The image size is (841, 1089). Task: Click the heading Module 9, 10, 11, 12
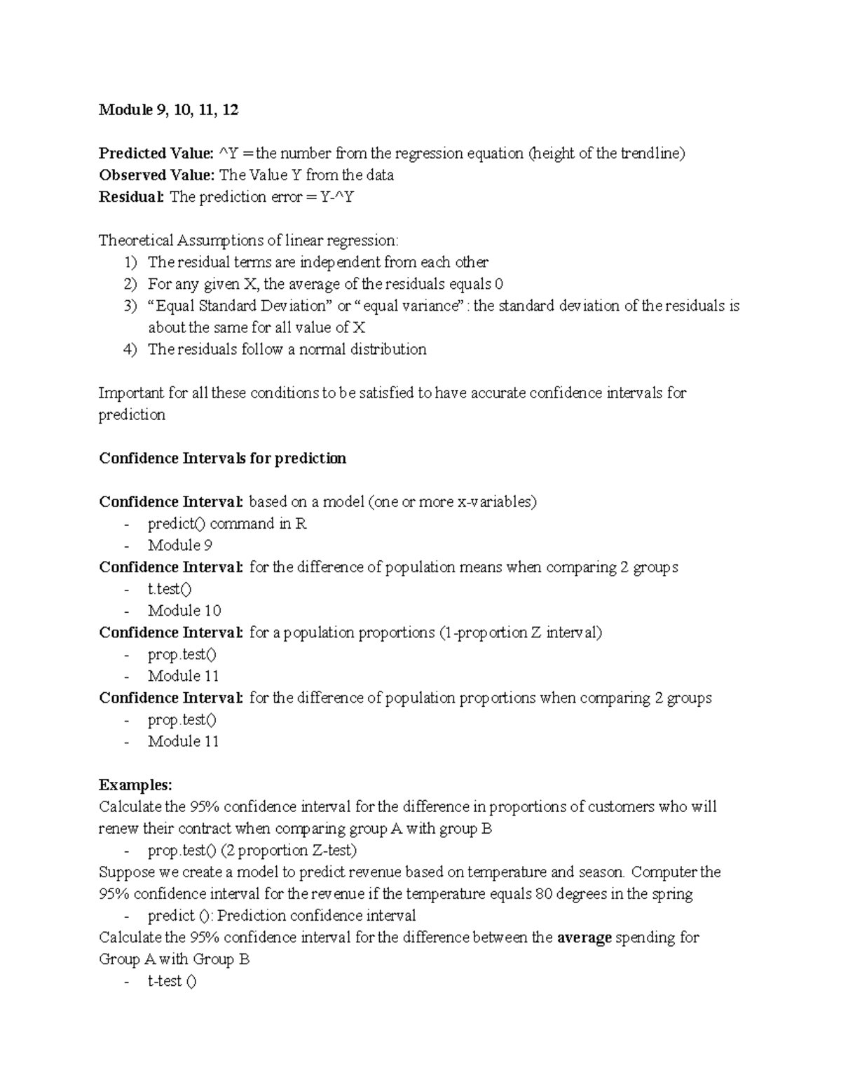pyautogui.click(x=168, y=110)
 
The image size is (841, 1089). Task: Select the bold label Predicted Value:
pyautogui.click(x=156, y=154)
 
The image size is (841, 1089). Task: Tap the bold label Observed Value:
pyautogui.click(x=156, y=175)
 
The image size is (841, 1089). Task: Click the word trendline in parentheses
pyautogui.click(x=651, y=154)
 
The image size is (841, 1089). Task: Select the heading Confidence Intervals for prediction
pyautogui.click(x=222, y=459)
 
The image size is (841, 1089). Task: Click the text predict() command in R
pyautogui.click(x=227, y=524)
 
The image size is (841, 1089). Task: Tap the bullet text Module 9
pyautogui.click(x=180, y=546)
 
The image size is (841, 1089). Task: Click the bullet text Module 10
pyautogui.click(x=184, y=611)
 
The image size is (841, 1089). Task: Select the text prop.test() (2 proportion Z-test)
pyautogui.click(x=252, y=851)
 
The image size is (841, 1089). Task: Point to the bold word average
pyautogui.click(x=584, y=938)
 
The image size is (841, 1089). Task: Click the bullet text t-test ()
pyautogui.click(x=172, y=981)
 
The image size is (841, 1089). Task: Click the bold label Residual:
pyautogui.click(x=132, y=197)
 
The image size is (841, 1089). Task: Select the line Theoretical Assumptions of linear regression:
pyautogui.click(x=248, y=241)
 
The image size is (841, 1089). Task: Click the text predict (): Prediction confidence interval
pyautogui.click(x=282, y=916)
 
